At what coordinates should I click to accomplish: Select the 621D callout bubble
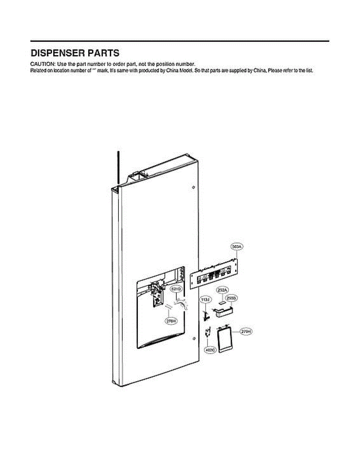pyautogui.click(x=177, y=289)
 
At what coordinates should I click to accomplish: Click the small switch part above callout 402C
pyautogui.click(x=208, y=332)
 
